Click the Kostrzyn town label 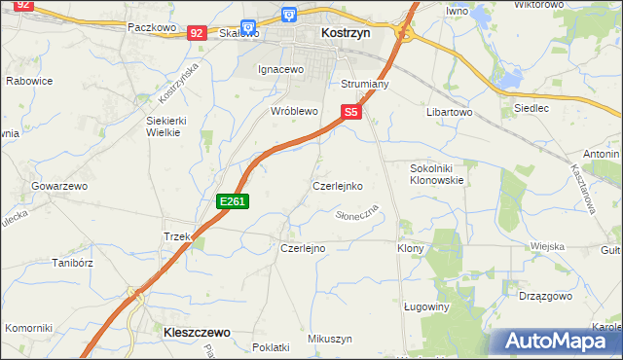(344, 32)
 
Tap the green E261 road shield (234, 201)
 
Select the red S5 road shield (351, 113)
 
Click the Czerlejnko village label (337, 185)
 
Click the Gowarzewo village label (59, 185)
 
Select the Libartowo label (449, 113)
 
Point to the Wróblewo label (294, 112)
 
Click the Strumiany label (365, 85)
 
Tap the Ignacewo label (281, 70)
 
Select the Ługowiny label (424, 306)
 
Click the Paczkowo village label (150, 28)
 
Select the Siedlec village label (531, 108)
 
